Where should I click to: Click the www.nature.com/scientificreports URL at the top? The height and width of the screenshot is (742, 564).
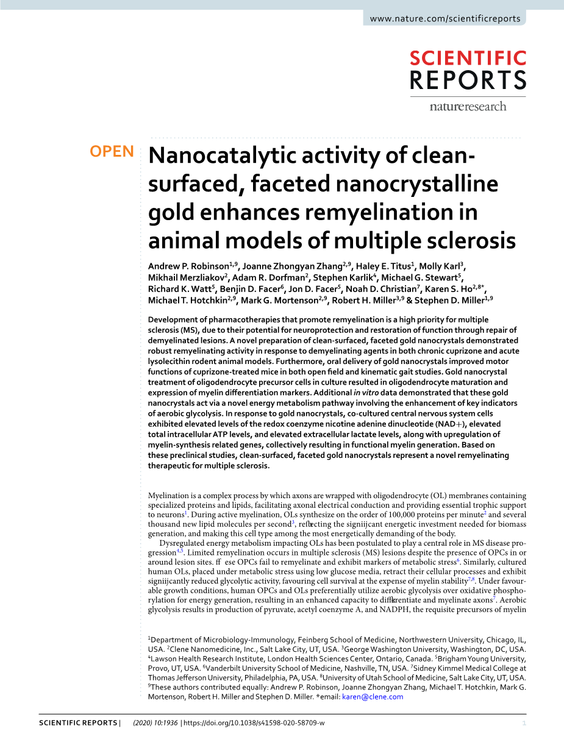pos(445,18)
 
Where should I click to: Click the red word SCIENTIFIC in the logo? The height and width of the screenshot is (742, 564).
pos(468,59)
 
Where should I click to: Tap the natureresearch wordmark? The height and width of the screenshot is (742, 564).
pos(468,107)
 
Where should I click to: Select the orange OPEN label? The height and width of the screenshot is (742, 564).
pos(112,152)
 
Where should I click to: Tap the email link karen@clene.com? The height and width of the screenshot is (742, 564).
pos(373,697)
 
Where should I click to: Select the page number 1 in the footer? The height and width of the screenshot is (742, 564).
pos(524,723)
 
